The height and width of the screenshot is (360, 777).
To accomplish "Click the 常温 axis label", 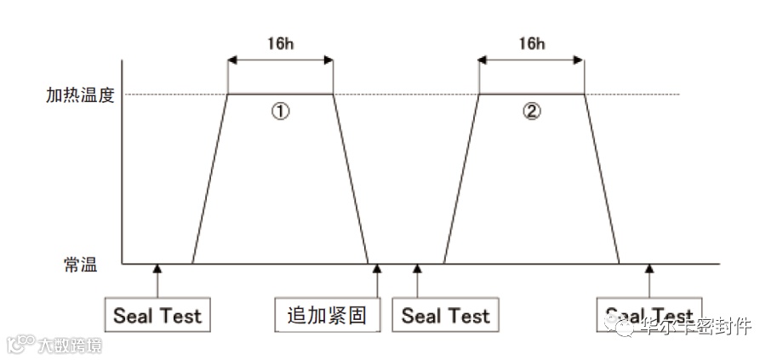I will pos(80,265).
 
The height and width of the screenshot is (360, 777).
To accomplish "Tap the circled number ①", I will pos(281,112).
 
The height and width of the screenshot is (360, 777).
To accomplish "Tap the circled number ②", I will pos(532,112).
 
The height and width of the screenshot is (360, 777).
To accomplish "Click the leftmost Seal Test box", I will pos(157,316).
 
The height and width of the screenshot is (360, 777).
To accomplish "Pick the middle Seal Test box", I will pos(445,316).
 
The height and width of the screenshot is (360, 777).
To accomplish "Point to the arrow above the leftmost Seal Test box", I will pos(157,279).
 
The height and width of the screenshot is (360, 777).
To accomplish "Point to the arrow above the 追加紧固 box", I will pos(376,279).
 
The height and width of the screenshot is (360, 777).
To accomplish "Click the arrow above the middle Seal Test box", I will pos(417,279).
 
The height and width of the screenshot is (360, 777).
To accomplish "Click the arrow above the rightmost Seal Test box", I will pos(649,279).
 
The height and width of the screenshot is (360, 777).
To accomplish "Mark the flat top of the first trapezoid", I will pos(280,94).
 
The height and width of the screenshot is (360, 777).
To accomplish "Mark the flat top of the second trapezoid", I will pos(532,94).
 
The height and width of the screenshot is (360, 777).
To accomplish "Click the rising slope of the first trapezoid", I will pos(210,179).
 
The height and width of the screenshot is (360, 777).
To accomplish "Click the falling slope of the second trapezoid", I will pos(602,179).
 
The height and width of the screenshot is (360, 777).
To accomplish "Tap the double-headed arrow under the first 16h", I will pos(280,60).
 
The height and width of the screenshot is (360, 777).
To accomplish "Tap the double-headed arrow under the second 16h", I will pos(532,60).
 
